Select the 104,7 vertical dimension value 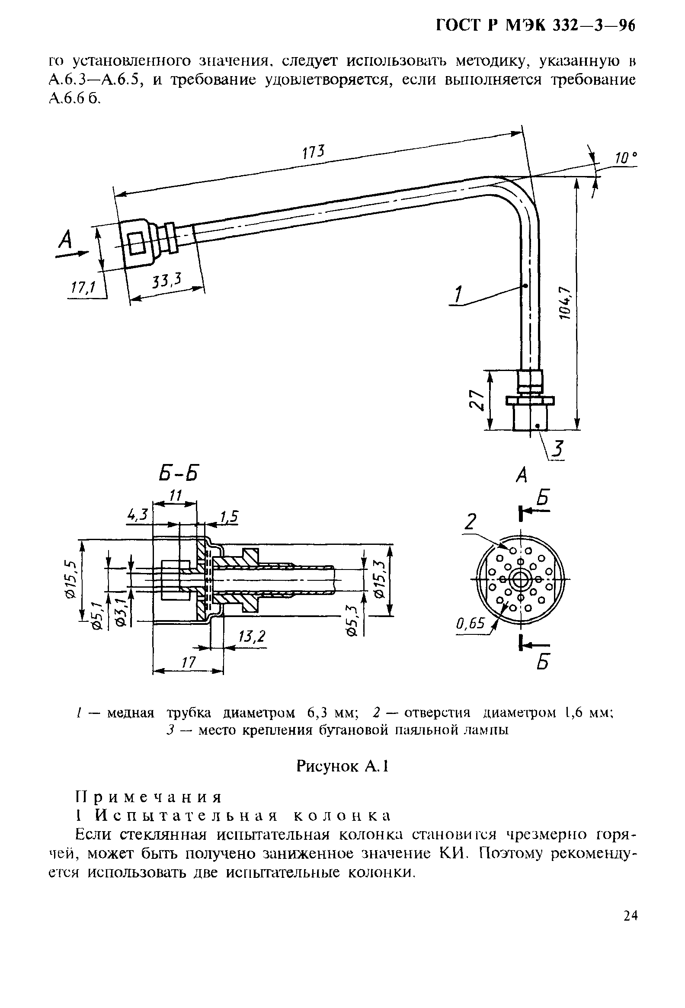563,303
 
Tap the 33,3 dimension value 166,281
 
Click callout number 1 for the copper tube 458,295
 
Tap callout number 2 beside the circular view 470,522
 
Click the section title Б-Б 180,473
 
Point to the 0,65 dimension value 470,623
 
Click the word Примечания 148,797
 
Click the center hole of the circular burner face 520,579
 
